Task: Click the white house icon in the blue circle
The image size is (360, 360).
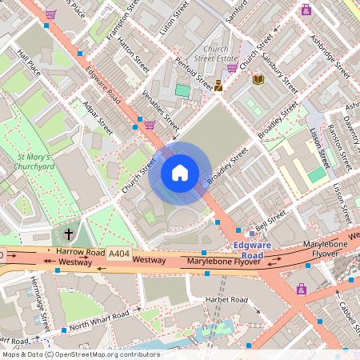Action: click(x=180, y=172)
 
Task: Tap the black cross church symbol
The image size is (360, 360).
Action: click(x=69, y=234)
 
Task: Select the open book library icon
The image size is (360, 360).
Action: click(x=258, y=79)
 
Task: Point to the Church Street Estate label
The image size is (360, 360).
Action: click(x=216, y=53)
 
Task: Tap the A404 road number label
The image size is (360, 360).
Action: click(x=119, y=253)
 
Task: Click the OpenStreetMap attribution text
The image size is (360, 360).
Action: click(x=80, y=354)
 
